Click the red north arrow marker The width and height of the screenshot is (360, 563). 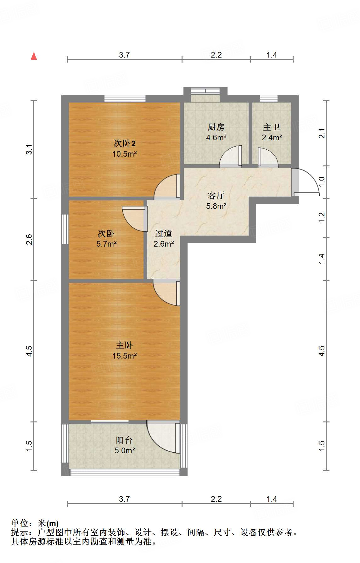coord(34,56)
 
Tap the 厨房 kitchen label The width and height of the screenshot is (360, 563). coord(216,127)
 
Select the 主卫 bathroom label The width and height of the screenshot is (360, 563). coord(272,127)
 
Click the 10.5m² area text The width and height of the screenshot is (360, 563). coord(124,154)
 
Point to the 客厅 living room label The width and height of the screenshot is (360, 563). coord(216,195)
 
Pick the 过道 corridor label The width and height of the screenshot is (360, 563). coord(164,233)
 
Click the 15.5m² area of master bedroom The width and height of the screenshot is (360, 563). coord(124,356)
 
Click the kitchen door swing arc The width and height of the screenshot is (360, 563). coord(230,156)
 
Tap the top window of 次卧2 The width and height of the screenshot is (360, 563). coord(125,98)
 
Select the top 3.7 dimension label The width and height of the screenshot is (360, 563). coord(124,55)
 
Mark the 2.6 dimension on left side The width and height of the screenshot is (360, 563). coord(29,239)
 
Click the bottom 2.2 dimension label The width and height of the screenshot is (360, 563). coord(216,499)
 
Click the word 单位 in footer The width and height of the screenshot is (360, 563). coord(20,523)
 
